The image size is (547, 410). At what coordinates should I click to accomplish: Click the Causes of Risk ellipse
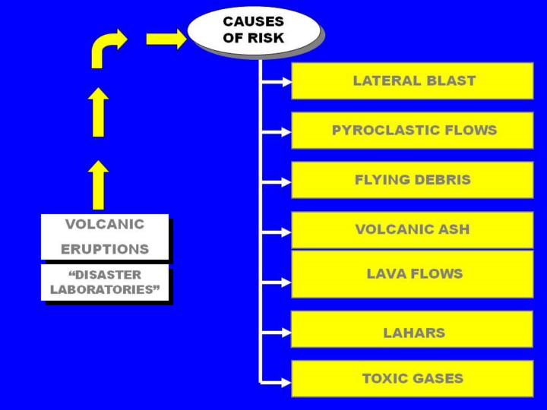(253, 30)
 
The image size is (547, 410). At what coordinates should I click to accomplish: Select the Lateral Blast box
(413, 80)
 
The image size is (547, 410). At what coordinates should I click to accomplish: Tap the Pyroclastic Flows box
(413, 130)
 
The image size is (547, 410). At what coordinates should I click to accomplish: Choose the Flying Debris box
(413, 180)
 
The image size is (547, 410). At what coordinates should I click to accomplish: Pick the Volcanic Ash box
(413, 229)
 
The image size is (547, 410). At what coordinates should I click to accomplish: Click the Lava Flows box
(413, 274)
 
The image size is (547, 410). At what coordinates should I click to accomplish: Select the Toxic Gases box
(413, 378)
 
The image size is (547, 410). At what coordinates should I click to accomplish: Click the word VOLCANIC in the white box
(104, 224)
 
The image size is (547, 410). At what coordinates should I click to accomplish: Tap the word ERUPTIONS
(104, 249)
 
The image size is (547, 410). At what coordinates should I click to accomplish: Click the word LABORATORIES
(105, 289)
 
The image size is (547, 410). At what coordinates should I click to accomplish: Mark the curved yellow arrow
(107, 47)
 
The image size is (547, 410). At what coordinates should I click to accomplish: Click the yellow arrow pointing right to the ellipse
(166, 38)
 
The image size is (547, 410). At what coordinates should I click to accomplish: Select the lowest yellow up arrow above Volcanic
(98, 184)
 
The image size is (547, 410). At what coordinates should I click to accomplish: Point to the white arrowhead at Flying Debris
(286, 182)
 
